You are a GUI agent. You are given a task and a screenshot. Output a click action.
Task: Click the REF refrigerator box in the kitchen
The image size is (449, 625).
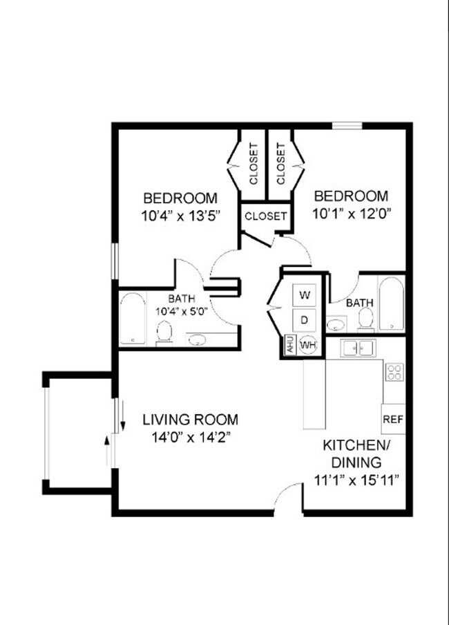[392, 419]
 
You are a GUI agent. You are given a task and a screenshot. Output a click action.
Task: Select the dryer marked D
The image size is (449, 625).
[305, 319]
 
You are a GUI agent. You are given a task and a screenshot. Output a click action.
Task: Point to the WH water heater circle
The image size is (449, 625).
[307, 344]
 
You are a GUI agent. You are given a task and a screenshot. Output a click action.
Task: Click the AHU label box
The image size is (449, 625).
[289, 344]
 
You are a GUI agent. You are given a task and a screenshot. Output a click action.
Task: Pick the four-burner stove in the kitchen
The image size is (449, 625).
[394, 373]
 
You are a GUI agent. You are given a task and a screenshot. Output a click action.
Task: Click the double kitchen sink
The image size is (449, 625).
[358, 348]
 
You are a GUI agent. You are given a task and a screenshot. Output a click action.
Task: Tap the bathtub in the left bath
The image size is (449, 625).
[132, 319]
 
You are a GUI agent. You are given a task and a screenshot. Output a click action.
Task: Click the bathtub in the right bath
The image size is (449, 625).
[391, 304]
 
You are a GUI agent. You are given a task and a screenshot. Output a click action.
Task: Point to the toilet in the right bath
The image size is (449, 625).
[365, 319]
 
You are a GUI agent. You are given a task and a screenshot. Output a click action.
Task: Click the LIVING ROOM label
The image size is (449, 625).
[191, 420]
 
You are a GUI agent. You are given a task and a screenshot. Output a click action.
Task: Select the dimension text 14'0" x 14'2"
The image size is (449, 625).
[191, 437]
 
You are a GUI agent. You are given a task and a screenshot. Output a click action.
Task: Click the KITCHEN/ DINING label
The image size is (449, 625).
[356, 453]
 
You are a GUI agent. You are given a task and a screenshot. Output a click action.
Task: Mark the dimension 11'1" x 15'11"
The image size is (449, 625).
[356, 479]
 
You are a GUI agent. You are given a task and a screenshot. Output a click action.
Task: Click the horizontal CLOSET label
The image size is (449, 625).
[265, 216]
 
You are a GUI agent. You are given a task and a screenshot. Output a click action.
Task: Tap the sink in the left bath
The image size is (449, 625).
[198, 339]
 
